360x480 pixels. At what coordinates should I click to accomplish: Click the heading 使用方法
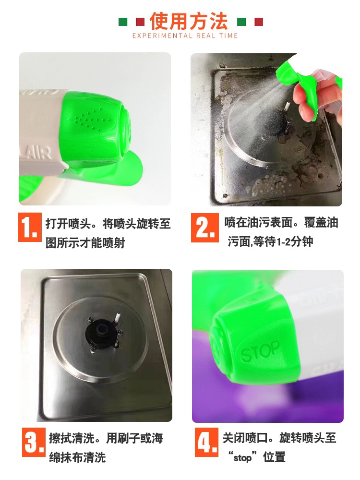[x=189, y=21]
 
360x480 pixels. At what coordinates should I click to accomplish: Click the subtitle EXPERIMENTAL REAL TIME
[x=185, y=36]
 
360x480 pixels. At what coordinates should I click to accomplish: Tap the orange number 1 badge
[x=30, y=227]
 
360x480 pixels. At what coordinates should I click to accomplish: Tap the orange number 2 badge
[x=205, y=228]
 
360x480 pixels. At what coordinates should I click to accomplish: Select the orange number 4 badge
[x=206, y=443]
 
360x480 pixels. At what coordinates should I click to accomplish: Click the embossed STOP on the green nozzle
[x=261, y=351]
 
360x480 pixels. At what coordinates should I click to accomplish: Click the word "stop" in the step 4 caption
[x=242, y=457]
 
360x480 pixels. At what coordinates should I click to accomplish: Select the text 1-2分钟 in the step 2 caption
[x=295, y=242]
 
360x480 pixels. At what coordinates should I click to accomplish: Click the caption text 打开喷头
[x=68, y=224]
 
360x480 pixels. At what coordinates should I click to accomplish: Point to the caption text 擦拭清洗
[x=72, y=439]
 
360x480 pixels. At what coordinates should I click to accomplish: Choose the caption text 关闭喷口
[x=245, y=438]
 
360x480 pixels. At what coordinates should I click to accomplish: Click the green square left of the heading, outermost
[x=123, y=22]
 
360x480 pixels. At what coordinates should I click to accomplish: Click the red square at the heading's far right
[x=259, y=22]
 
